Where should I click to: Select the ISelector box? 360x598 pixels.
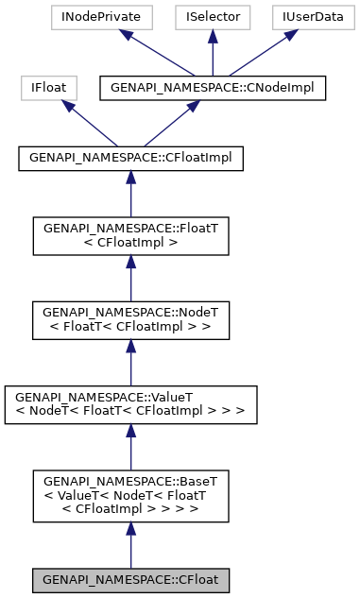(x=213, y=16)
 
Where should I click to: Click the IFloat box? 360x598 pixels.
(x=48, y=88)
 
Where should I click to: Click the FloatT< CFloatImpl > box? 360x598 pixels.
(x=130, y=235)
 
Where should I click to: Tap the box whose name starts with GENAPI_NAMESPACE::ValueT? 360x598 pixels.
(x=130, y=402)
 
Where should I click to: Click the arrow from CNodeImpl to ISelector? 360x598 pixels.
(x=213, y=52)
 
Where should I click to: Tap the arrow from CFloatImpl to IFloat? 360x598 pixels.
(x=90, y=124)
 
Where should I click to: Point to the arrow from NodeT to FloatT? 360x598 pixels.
(x=130, y=277)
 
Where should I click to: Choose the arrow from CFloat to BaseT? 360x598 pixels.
(x=130, y=544)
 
